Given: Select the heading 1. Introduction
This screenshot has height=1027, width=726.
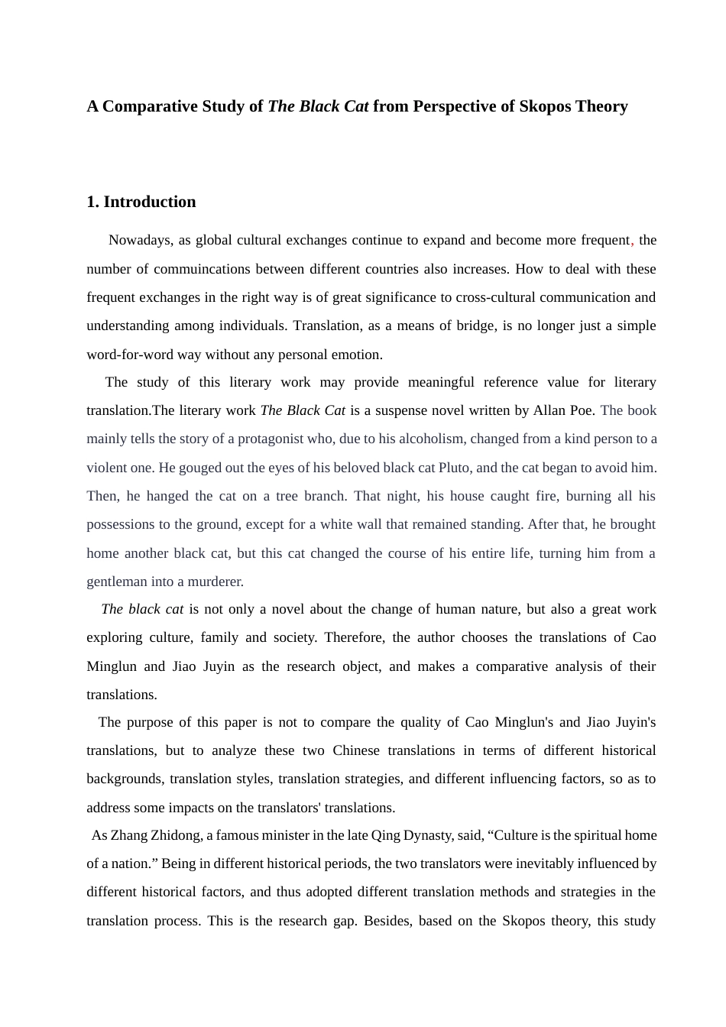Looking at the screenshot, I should click(141, 202).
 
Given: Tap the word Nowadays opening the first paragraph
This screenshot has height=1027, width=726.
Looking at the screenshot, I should click(140, 240).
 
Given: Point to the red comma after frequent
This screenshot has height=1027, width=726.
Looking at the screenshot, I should click(632, 242).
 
